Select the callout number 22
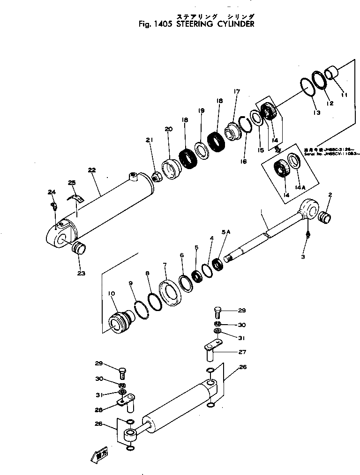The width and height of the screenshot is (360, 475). point(92,171)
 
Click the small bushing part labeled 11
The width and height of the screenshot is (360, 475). point(332,73)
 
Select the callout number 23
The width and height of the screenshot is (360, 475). point(81,273)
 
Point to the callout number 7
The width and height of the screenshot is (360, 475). point(165,265)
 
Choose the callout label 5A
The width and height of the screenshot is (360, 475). point(226,231)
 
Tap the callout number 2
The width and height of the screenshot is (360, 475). point(330,194)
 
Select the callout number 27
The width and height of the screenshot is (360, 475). point(242,352)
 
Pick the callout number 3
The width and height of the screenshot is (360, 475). point(303,257)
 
